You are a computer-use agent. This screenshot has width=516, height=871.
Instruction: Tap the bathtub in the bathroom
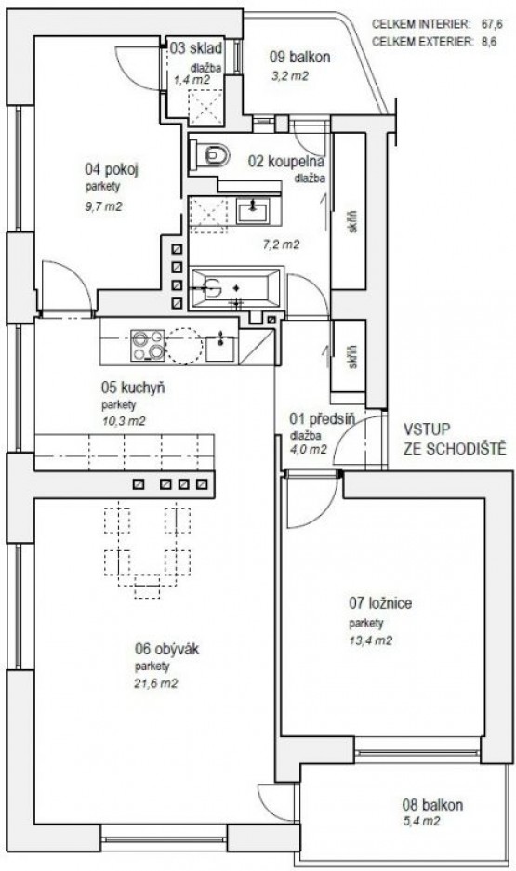coord(236,288)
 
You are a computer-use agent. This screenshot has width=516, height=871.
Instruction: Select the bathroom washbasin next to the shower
coord(253,210)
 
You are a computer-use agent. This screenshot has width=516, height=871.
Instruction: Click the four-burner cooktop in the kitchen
coord(147,346)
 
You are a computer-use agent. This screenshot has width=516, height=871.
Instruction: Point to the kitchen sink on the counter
coord(220,347)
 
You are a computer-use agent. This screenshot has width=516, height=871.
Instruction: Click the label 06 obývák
coord(166,649)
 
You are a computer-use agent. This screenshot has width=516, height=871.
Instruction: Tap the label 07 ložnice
coord(380,602)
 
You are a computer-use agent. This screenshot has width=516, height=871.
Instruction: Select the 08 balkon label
coord(432,804)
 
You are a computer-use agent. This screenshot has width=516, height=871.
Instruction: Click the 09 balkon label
coord(300,56)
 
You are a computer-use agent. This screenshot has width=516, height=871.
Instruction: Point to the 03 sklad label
coord(196,47)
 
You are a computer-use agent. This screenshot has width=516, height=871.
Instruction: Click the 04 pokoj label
coord(112,169)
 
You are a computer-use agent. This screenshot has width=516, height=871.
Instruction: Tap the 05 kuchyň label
coord(133,388)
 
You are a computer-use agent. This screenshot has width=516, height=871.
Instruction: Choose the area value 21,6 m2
coord(156,684)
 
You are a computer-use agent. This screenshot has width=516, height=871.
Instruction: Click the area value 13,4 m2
coord(370,640)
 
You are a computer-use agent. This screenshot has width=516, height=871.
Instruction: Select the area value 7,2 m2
coord(281,244)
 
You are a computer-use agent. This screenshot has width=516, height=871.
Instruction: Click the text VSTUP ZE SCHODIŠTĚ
coord(455,439)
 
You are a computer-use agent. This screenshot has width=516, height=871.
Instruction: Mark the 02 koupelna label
coord(286,162)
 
